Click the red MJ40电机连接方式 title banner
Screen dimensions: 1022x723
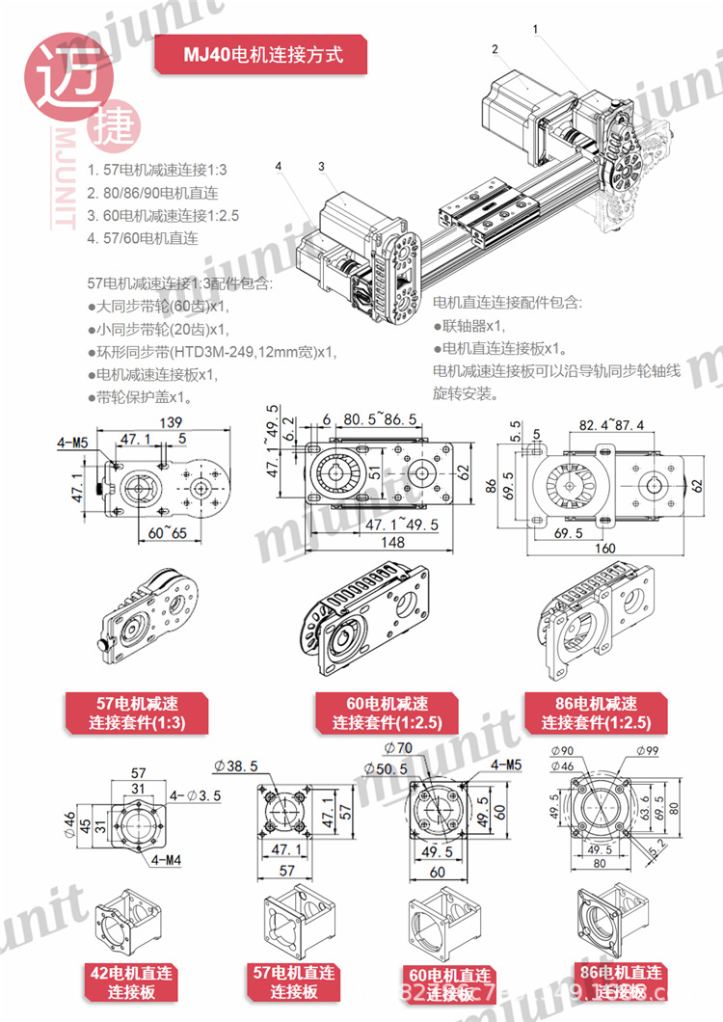pyautogui.click(x=262, y=55)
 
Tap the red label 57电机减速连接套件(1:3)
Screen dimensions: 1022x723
pyautogui.click(x=136, y=713)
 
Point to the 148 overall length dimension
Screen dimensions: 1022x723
pyautogui.click(x=391, y=543)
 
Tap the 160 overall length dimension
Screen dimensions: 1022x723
pyautogui.click(x=603, y=549)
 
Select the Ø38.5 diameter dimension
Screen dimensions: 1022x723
pyautogui.click(x=239, y=766)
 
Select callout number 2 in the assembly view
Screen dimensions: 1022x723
pyautogui.click(x=494, y=49)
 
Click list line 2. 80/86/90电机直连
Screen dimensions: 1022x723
pyautogui.click(x=152, y=192)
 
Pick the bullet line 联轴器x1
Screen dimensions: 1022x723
pyautogui.click(x=469, y=325)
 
